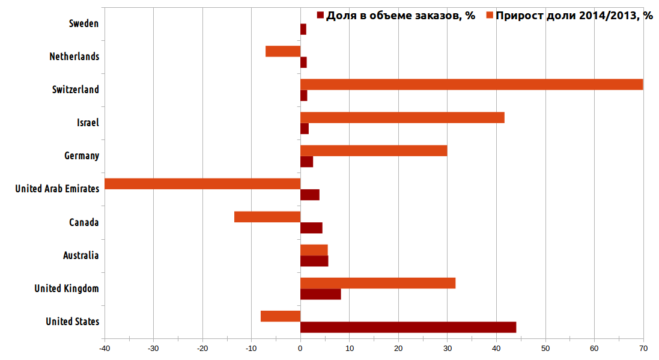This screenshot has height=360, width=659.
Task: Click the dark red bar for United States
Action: click(x=408, y=327)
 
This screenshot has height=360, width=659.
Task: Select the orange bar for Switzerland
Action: click(x=472, y=84)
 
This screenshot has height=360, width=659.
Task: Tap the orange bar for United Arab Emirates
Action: click(x=202, y=184)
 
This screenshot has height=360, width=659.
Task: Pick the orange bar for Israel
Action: click(x=402, y=118)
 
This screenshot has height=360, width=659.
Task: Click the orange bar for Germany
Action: click(x=374, y=150)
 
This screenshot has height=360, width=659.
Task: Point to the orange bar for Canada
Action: click(x=267, y=217)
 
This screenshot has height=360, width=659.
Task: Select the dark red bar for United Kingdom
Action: click(x=320, y=294)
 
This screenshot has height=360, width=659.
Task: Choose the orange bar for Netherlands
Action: click(x=283, y=52)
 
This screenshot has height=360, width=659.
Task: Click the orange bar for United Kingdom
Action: click(x=378, y=283)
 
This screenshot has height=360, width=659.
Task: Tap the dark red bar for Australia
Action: click(x=314, y=261)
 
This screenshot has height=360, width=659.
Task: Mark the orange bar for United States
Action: click(x=281, y=316)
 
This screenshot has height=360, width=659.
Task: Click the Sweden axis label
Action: click(x=84, y=23)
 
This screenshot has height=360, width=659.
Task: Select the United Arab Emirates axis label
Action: click(x=57, y=189)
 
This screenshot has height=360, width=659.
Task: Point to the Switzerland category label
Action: click(x=76, y=90)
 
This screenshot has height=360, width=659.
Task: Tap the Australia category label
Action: click(x=80, y=255)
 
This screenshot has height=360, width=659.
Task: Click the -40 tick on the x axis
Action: click(x=105, y=349)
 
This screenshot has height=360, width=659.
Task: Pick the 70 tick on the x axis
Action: click(x=643, y=349)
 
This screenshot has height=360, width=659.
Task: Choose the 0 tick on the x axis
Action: click(x=300, y=349)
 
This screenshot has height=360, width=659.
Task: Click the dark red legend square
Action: click(x=320, y=16)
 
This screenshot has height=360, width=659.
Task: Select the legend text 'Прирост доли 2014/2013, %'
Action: click(x=574, y=16)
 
